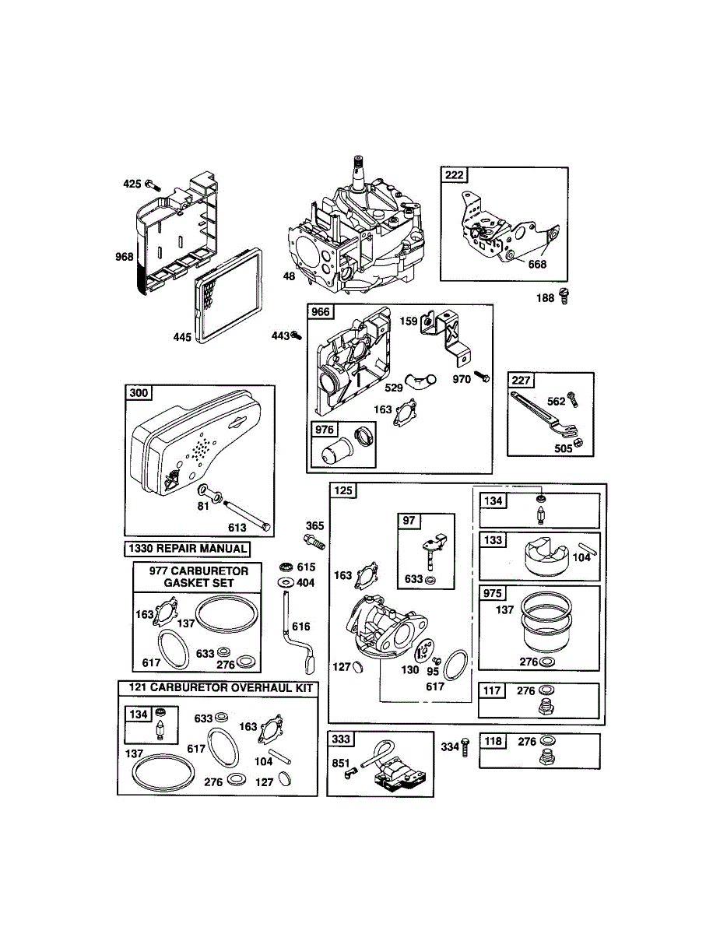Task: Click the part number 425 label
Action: pyautogui.click(x=132, y=184)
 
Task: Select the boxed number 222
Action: pyautogui.click(x=455, y=175)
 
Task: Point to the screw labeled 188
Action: pyautogui.click(x=565, y=296)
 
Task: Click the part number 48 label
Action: pyautogui.click(x=289, y=276)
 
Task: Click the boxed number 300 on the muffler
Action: pyautogui.click(x=139, y=393)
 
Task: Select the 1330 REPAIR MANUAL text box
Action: pyautogui.click(x=188, y=549)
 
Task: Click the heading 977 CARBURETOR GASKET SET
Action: pyautogui.click(x=196, y=577)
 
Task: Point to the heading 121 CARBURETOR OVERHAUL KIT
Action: pyautogui.click(x=217, y=688)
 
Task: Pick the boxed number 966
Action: pyautogui.click(x=321, y=313)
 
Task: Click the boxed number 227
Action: pyautogui.click(x=520, y=381)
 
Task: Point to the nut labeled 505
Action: pyautogui.click(x=578, y=444)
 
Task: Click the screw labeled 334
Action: pyautogui.click(x=465, y=746)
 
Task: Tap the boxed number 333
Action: pyautogui.click(x=340, y=739)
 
